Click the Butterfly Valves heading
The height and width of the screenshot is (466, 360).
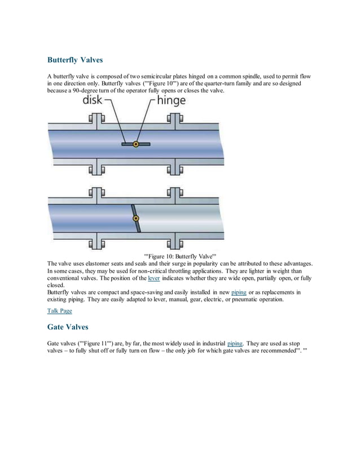75,59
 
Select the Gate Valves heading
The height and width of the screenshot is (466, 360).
68,327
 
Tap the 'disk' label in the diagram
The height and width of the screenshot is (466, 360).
93,102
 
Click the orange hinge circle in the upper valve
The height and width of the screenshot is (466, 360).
135,144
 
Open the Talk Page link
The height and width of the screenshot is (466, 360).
59,310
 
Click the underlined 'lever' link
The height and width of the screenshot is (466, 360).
153,279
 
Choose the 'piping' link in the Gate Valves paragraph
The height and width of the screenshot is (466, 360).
235,343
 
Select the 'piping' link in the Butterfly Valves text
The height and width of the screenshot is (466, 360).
239,292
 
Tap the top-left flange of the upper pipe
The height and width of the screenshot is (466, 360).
96,121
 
